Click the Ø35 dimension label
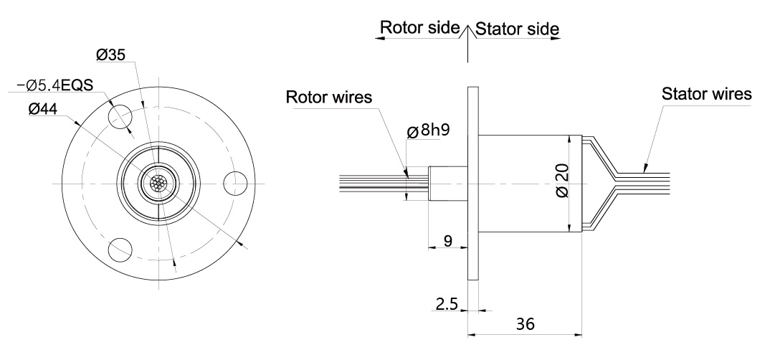pyautogui.click(x=113, y=54)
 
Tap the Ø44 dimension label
pyautogui.click(x=44, y=109)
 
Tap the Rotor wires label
pyautogui.click(x=329, y=97)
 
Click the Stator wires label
pyautogui.click(x=706, y=94)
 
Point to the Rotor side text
pyautogui.click(x=419, y=27)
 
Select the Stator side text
pyautogui.click(x=517, y=29)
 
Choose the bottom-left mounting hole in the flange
pyautogui.click(x=119, y=250)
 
